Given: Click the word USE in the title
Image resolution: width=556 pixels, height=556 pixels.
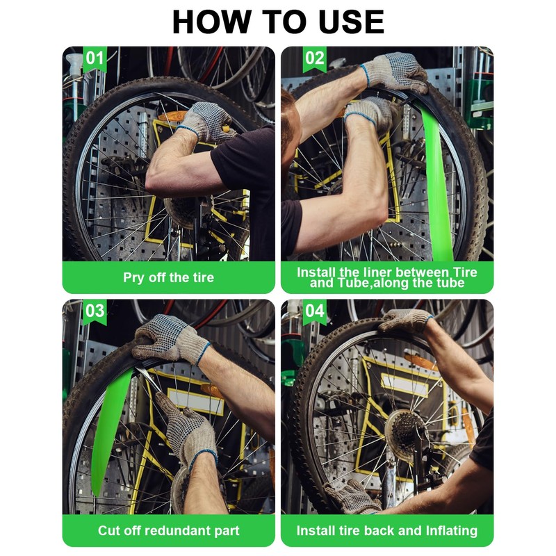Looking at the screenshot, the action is click(x=351, y=22).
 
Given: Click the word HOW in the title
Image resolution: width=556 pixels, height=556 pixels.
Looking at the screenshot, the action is click(x=211, y=22).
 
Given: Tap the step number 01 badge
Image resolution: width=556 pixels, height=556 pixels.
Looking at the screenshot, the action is click(x=95, y=58).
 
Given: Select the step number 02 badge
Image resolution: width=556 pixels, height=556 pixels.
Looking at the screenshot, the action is click(x=315, y=58).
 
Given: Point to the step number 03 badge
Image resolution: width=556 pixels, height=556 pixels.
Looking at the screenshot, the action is click(x=95, y=311).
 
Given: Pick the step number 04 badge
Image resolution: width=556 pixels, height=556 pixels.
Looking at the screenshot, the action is click(x=315, y=311).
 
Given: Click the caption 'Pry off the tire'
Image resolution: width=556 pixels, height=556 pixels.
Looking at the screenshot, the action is click(x=168, y=277).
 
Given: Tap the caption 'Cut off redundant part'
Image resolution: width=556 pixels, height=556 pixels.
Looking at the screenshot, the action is click(x=168, y=531).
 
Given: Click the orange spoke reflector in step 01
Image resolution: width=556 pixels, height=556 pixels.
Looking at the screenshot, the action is click(x=172, y=116).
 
